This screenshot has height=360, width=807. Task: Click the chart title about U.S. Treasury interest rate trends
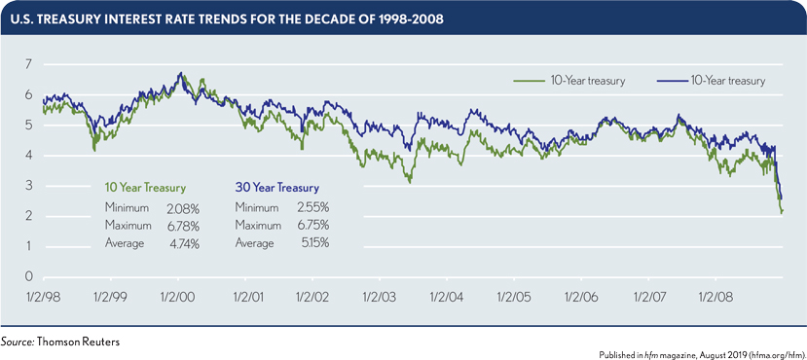coord(233,17)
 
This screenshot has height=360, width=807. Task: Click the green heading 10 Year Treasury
coord(145,186)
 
